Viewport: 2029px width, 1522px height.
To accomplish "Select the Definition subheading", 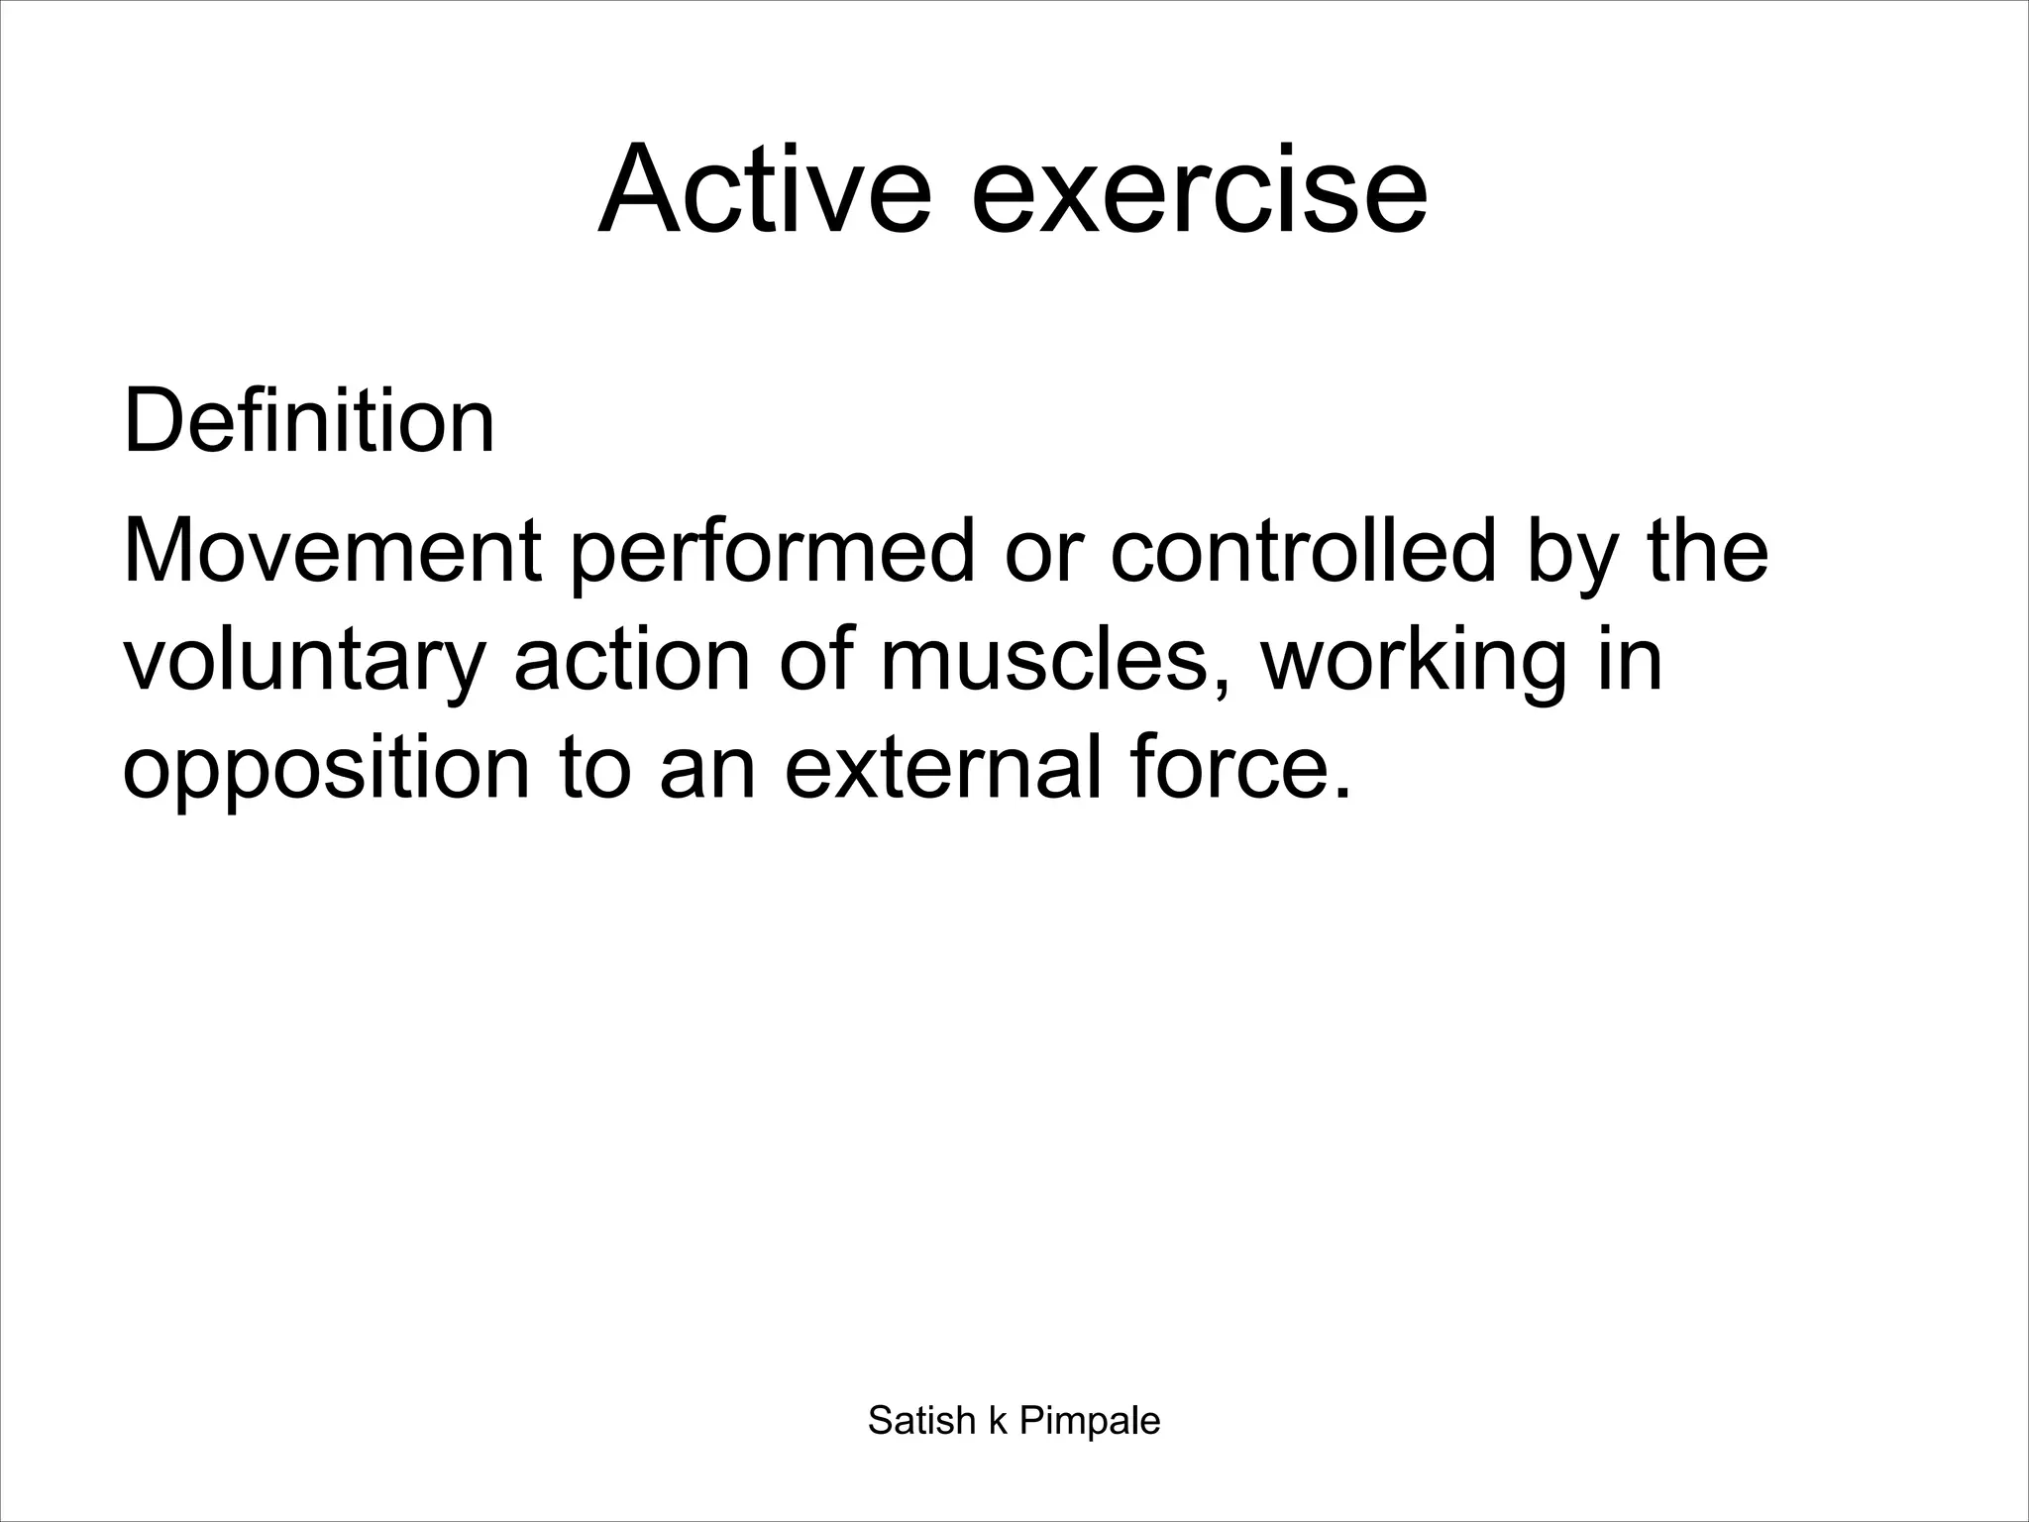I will point(308,422).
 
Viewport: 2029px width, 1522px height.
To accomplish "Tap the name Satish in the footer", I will point(921,1421).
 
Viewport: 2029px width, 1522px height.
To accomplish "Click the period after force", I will point(1342,793).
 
